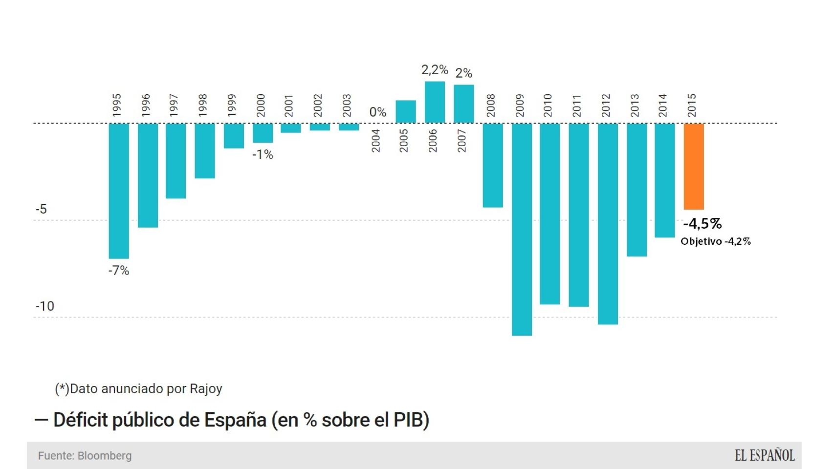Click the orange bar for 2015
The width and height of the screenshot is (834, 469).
click(x=694, y=166)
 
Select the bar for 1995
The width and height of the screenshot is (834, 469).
click(x=119, y=191)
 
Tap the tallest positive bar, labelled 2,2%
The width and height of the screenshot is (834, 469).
click(x=435, y=102)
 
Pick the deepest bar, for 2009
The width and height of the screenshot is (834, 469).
click(x=522, y=229)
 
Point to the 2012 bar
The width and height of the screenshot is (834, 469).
click(x=608, y=223)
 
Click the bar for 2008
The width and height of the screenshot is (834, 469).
click(x=493, y=165)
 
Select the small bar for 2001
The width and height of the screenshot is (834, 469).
click(x=291, y=128)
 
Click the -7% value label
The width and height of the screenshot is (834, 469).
click(x=119, y=271)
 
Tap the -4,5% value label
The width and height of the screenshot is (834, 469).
click(x=702, y=224)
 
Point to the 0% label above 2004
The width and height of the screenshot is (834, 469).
click(x=377, y=112)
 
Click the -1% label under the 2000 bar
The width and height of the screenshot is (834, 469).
click(x=263, y=155)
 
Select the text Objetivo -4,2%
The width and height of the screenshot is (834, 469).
click(x=715, y=241)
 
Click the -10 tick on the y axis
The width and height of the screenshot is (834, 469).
click(x=44, y=306)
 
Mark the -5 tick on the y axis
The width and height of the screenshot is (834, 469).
click(x=41, y=209)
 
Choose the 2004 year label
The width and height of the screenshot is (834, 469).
click(x=375, y=141)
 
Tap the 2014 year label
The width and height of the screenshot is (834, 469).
click(x=662, y=106)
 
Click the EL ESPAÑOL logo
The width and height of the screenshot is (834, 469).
click(x=765, y=455)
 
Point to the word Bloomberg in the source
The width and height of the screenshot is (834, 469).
click(x=105, y=456)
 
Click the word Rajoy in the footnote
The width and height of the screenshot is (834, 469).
click(x=206, y=389)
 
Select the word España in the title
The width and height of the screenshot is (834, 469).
click(x=235, y=420)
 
